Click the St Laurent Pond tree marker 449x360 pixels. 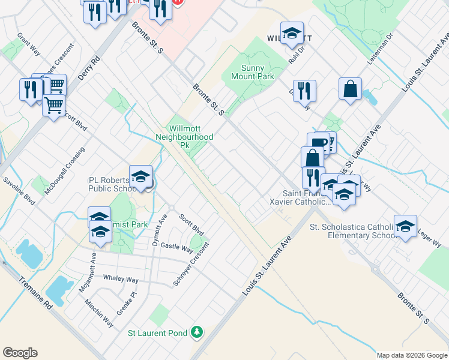(196, 332)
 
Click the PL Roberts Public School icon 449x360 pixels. (140, 177)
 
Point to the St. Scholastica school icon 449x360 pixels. (405, 227)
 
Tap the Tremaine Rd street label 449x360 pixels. (36, 293)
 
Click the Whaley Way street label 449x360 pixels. (120, 280)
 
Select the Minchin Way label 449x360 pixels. (99, 314)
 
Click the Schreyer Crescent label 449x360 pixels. (191, 265)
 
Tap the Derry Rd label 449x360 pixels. (88, 69)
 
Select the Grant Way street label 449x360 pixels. (29, 44)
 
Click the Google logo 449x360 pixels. (20, 353)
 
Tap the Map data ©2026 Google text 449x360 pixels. (411, 355)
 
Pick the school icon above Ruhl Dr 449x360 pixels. (292, 34)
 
